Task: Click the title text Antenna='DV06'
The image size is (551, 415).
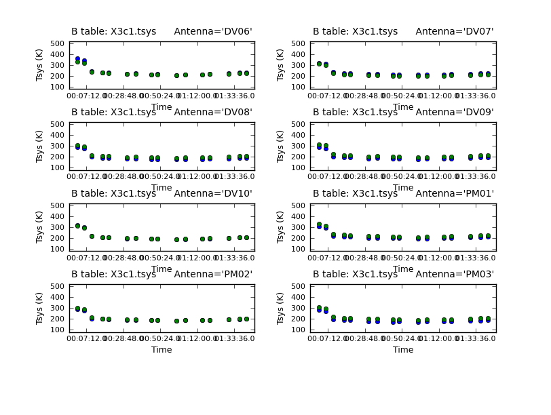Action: (213, 31)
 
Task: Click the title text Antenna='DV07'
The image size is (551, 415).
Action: (455, 31)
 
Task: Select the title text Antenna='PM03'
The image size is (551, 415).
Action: (455, 274)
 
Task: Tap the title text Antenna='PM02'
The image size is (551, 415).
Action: (213, 274)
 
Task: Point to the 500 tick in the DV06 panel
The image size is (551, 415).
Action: (61, 43)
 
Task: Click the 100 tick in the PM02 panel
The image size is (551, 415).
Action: (61, 330)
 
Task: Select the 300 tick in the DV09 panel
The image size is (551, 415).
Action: (302, 146)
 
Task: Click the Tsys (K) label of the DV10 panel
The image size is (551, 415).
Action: (41, 226)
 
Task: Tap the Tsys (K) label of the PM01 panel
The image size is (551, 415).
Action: (282, 226)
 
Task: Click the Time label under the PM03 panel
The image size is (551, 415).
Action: (403, 350)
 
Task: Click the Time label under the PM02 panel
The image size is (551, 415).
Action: (161, 350)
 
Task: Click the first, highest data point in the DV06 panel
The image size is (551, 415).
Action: (77, 59)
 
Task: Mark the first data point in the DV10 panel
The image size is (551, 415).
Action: (77, 226)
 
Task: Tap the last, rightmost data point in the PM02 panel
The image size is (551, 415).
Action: (246, 319)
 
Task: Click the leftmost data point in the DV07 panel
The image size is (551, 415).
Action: (319, 64)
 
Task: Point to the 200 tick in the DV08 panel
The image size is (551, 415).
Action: (61, 157)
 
